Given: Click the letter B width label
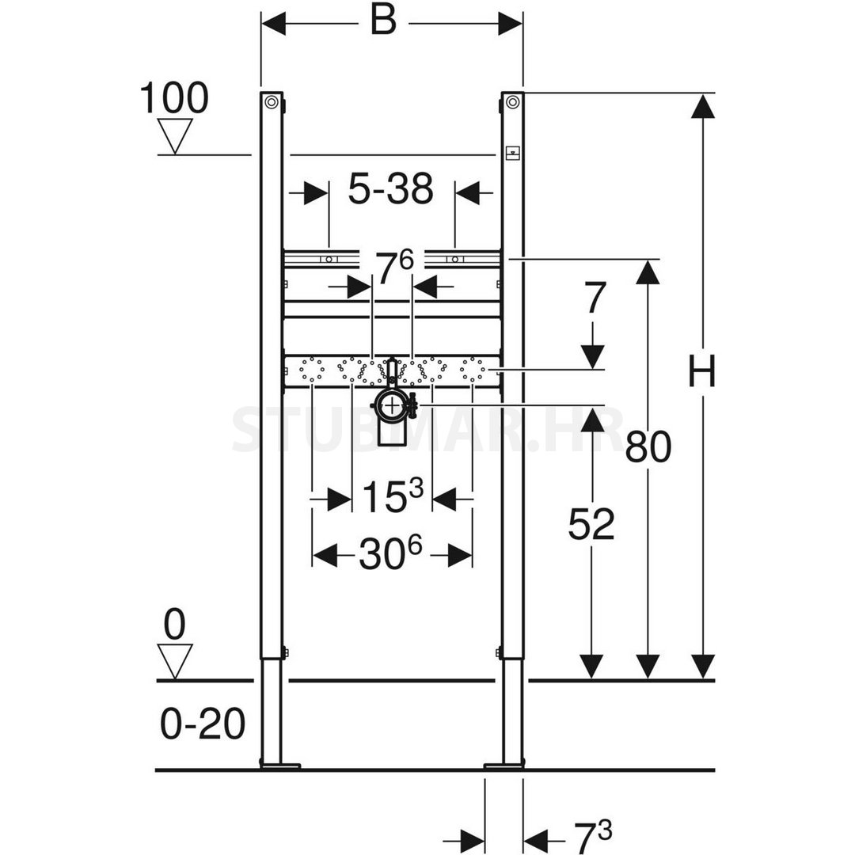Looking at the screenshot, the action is click(383, 22).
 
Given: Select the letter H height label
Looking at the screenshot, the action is click(701, 370).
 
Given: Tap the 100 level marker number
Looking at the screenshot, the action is click(174, 98).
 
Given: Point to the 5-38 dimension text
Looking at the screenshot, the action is click(390, 188).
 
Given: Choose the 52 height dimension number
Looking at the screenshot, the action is click(591, 524).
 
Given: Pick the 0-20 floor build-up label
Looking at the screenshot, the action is click(203, 724).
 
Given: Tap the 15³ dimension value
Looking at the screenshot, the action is click(392, 496).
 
